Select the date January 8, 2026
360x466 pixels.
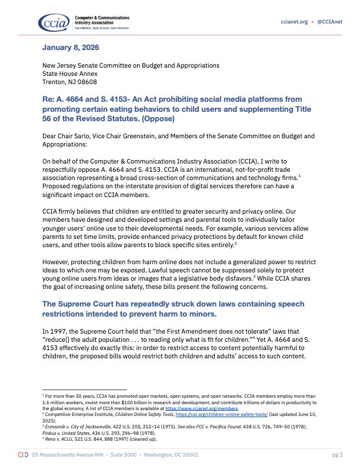point(68,47)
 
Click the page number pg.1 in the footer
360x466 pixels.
point(337,455)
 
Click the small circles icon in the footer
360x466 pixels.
point(23,455)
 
